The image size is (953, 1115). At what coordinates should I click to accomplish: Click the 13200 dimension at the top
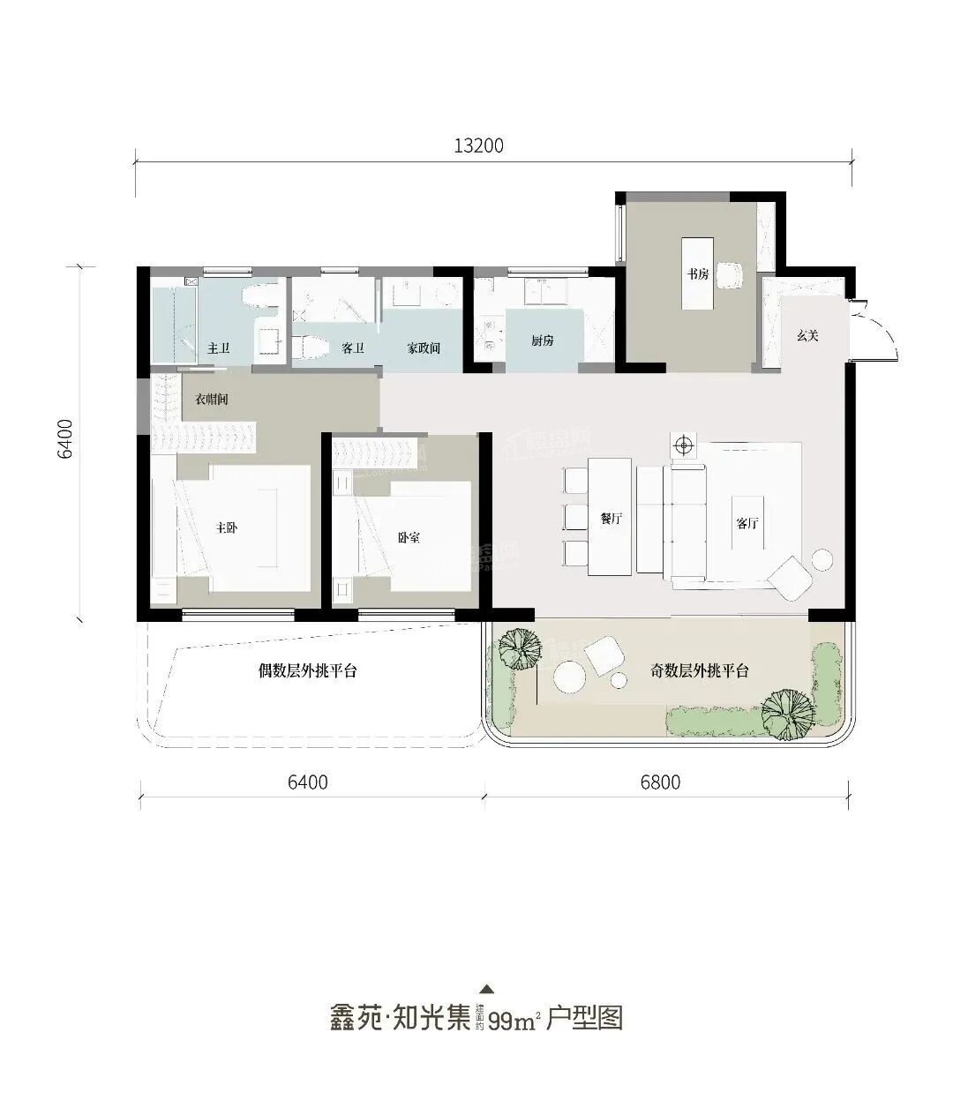pyautogui.click(x=478, y=146)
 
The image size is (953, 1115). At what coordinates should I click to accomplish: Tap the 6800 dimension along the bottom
pyautogui.click(x=660, y=782)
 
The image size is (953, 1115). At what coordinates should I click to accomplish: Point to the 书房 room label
pyautogui.click(x=698, y=274)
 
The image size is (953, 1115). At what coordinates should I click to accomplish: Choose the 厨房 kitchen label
pyautogui.click(x=543, y=340)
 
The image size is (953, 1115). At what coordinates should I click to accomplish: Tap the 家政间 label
pyautogui.click(x=423, y=348)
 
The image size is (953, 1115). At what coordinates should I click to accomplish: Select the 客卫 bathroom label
pyautogui.click(x=353, y=348)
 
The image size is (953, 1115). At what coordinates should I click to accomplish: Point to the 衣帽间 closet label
pyautogui.click(x=212, y=400)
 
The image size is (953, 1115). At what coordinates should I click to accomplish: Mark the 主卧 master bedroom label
pyautogui.click(x=227, y=528)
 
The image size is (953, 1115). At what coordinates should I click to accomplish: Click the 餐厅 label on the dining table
pyautogui.click(x=612, y=520)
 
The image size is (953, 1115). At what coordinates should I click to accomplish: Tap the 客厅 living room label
pyautogui.click(x=747, y=522)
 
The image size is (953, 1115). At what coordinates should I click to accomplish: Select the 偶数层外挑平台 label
pyautogui.click(x=307, y=671)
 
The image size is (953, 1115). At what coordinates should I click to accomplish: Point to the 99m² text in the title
pyautogui.click(x=514, y=1021)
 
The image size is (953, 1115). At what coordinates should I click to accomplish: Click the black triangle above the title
pyautogui.click(x=486, y=989)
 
